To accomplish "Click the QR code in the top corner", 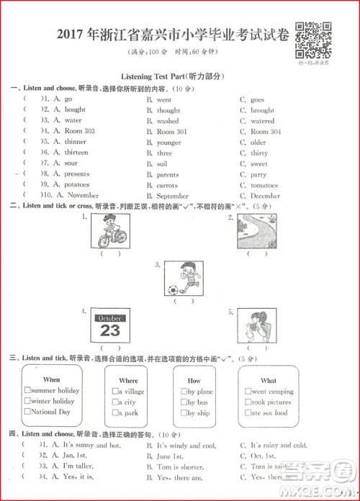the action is coord(314,40).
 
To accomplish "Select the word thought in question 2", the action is coord(168,110).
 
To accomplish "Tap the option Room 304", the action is coord(266,132).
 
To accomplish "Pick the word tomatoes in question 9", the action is coord(264,185).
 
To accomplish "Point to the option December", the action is coord(266,196).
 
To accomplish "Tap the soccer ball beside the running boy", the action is coord(172,290).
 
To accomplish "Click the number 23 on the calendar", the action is coord(110,330).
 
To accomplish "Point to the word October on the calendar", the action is coord(110,317).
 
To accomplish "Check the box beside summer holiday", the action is coord(27,391).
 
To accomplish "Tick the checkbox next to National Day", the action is coord(27,412).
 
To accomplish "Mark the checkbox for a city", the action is coord(115,402).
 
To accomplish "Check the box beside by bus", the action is coord(183,402).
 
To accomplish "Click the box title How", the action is coord(194,380).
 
